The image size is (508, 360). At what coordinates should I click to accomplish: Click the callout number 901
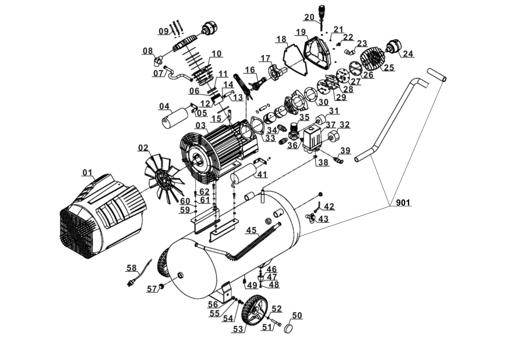[403, 203]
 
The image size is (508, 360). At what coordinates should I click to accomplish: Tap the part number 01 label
[87, 172]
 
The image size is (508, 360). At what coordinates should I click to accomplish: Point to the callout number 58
[131, 268]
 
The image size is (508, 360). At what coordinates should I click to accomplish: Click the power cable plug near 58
[132, 282]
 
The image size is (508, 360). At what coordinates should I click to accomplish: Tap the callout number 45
[251, 230]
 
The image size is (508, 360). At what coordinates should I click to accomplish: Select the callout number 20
[309, 17]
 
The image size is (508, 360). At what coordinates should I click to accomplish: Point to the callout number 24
[408, 54]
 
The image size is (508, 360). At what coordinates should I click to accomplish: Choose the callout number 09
[163, 31]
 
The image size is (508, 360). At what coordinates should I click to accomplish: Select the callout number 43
[323, 219]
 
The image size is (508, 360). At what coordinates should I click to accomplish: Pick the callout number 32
[344, 125]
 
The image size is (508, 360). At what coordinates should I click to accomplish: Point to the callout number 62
[204, 191]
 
